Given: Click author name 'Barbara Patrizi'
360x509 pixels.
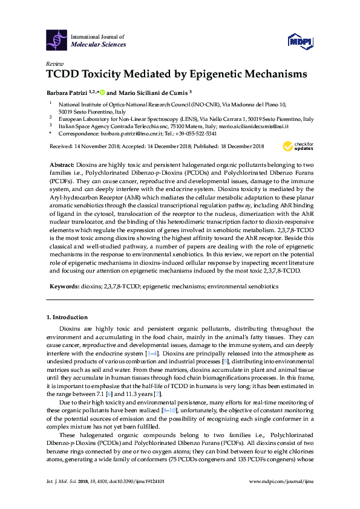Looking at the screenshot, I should click(x=66, y=93).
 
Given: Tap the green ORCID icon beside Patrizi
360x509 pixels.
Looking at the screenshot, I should click(x=102, y=93).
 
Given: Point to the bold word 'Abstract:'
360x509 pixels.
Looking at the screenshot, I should click(x=62, y=165).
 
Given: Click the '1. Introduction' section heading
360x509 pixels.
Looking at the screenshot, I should click(x=67, y=317).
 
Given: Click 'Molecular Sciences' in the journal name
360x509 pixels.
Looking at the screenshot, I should click(x=99, y=45).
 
